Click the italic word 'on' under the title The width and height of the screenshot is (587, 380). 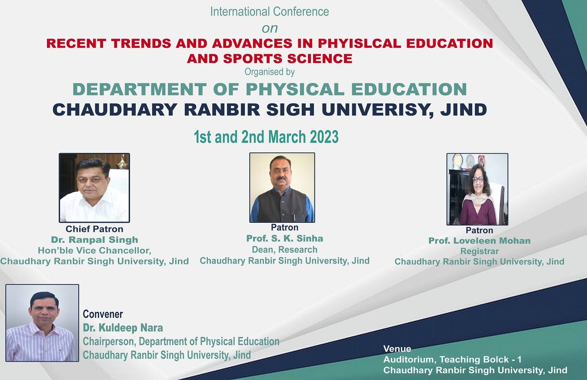pyautogui.click(x=270, y=29)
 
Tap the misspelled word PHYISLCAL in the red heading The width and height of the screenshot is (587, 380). pyautogui.click(x=360, y=43)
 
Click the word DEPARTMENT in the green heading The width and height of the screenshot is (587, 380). pyautogui.click(x=140, y=89)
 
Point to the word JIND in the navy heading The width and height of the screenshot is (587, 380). pyautogui.click(x=464, y=109)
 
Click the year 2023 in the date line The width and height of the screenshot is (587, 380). pyautogui.click(x=324, y=137)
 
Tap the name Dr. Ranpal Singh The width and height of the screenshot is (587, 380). pyautogui.click(x=94, y=240)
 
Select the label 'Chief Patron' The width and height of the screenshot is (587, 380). pyautogui.click(x=94, y=229)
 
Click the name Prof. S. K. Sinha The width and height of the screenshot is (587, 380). pyautogui.click(x=285, y=238)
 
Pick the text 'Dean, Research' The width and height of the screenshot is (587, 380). pyautogui.click(x=285, y=250)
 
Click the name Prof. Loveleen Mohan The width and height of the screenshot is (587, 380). pyautogui.click(x=479, y=241)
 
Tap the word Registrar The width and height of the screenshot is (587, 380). pyautogui.click(x=479, y=251)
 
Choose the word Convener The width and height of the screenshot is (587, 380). pyautogui.click(x=103, y=314)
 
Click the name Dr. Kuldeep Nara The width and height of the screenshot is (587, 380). pyautogui.click(x=123, y=327)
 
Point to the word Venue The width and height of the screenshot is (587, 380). pyautogui.click(x=397, y=349)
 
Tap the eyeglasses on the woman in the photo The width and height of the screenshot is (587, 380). pyautogui.click(x=478, y=179)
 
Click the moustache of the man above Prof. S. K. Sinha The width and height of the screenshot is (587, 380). pyautogui.click(x=281, y=178)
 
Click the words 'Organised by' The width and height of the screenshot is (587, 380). pyautogui.click(x=270, y=72)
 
